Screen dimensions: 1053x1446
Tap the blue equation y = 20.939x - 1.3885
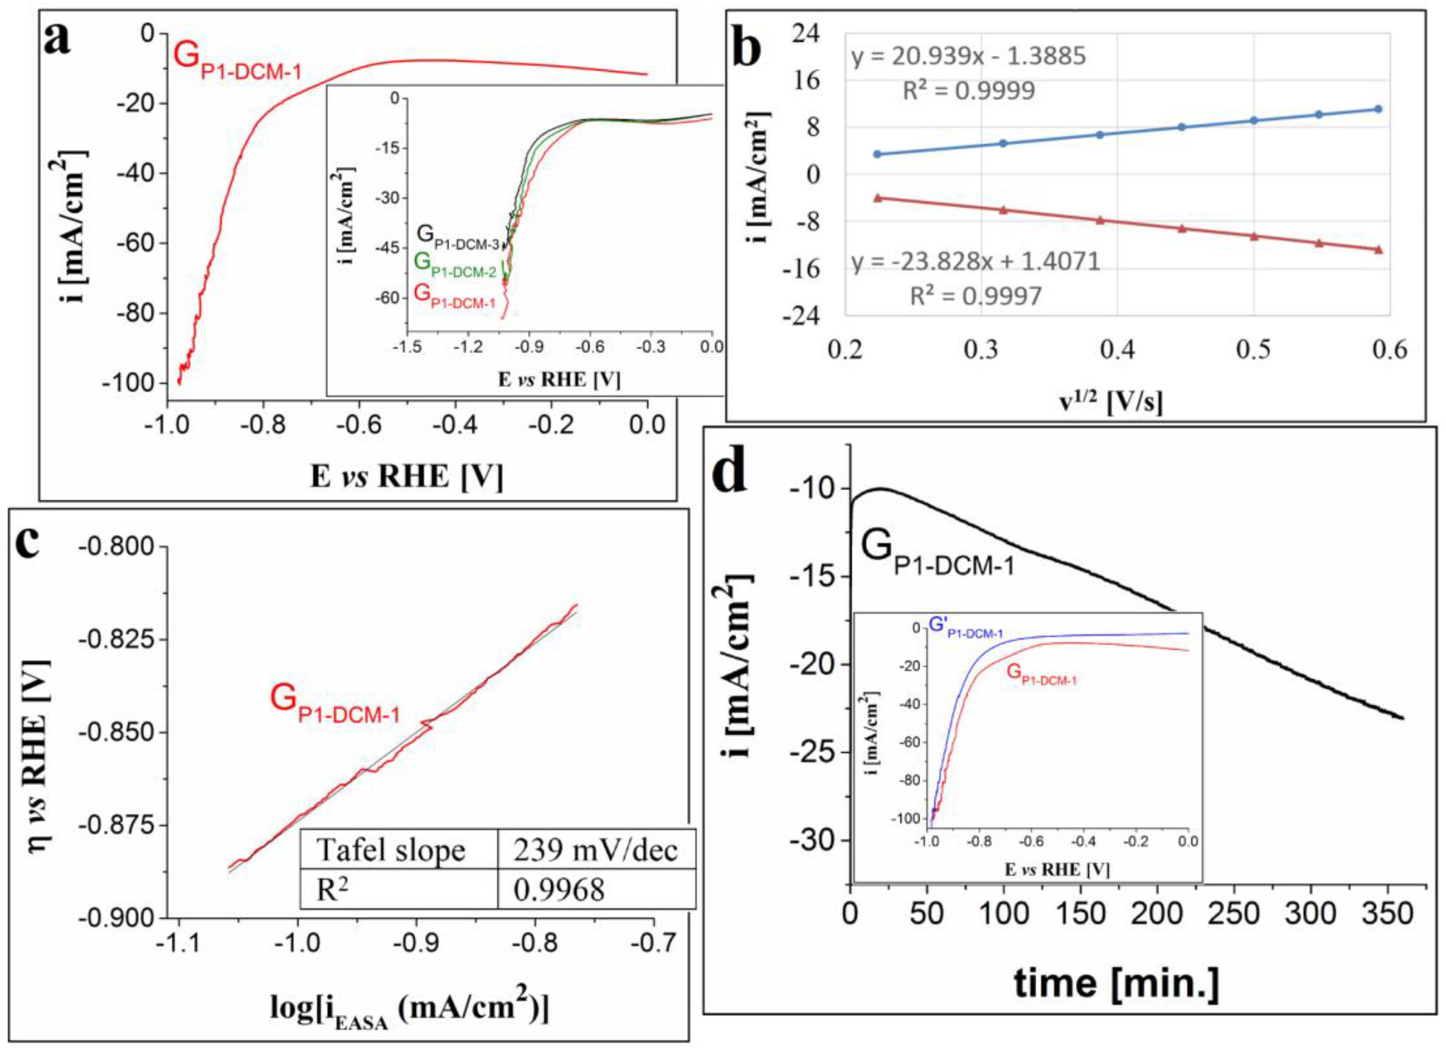click(968, 57)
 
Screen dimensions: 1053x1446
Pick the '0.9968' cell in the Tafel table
click(558, 890)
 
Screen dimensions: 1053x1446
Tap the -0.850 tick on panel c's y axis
click(115, 732)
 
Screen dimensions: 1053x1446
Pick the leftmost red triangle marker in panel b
click(878, 198)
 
